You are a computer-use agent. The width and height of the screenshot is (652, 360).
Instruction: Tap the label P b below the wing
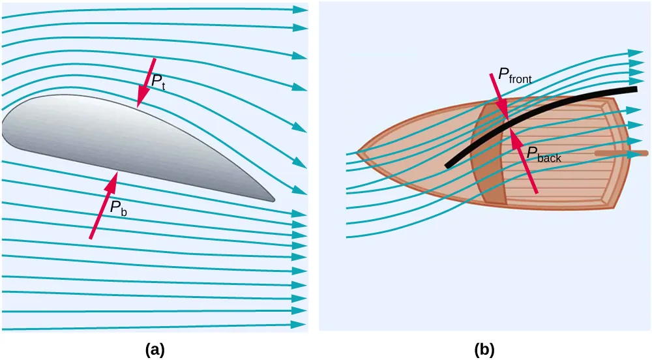(118, 208)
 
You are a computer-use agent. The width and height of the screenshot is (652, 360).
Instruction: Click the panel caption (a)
(155, 349)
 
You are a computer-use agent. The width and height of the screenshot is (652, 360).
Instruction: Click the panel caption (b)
(484, 349)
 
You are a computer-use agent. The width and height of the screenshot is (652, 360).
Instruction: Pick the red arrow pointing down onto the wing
(146, 82)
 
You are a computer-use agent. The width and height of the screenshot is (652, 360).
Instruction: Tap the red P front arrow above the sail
(498, 95)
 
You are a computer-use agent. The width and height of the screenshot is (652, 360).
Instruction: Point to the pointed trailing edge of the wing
(273, 199)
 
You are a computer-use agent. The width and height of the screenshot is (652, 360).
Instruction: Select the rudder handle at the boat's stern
(623, 154)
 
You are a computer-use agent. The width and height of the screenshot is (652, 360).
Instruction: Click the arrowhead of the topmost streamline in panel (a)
(301, 10)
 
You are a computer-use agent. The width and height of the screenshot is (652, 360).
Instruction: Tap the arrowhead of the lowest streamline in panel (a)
(300, 324)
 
